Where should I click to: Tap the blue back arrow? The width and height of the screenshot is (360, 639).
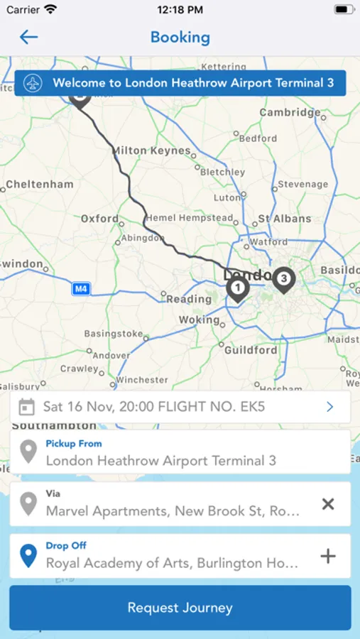click(28, 37)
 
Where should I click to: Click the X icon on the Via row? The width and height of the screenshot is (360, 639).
click(327, 504)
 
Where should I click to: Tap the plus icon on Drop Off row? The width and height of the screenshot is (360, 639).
click(327, 557)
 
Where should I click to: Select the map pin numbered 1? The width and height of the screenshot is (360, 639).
click(237, 288)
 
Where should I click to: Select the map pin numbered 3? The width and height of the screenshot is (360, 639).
click(284, 279)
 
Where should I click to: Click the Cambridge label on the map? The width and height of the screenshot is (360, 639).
click(290, 113)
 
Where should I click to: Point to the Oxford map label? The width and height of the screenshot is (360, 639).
click(99, 219)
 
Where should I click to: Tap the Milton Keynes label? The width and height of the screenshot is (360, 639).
click(152, 151)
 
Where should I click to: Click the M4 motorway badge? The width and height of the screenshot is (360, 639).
click(81, 289)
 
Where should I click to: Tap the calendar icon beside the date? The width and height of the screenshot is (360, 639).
click(26, 407)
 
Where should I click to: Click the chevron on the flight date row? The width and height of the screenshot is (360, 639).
click(329, 407)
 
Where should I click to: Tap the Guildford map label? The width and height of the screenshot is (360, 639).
click(251, 350)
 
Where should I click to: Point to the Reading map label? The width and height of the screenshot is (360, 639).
click(189, 299)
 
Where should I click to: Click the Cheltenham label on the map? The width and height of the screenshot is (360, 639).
click(40, 185)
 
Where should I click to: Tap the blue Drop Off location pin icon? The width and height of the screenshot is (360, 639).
click(28, 556)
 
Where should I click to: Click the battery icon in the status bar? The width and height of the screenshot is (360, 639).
click(344, 10)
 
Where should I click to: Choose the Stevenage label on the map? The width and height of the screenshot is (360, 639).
click(302, 185)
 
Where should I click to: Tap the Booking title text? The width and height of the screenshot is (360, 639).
click(180, 37)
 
